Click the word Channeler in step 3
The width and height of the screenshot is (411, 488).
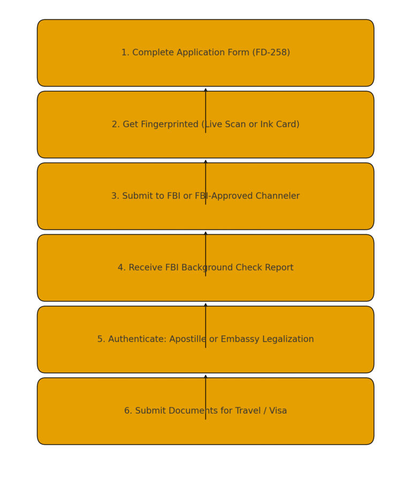(278, 196)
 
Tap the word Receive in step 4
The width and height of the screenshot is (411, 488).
(143, 267)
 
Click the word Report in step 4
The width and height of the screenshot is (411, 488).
(279, 268)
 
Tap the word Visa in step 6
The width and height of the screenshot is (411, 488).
(278, 410)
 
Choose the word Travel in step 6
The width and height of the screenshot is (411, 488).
(248, 410)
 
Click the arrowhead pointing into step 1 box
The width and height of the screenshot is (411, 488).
(205, 90)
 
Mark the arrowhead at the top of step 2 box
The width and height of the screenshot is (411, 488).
(205, 161)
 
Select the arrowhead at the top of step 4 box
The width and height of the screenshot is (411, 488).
(205, 305)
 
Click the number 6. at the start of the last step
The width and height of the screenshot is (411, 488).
(128, 410)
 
